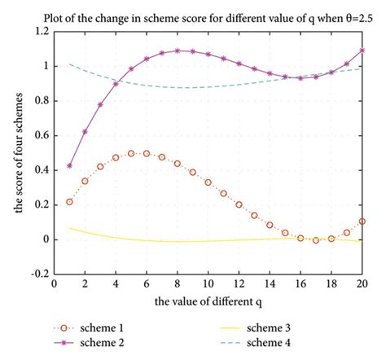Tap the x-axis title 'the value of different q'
(x=208, y=302)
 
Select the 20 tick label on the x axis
(x=362, y=285)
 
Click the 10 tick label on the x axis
(x=208, y=285)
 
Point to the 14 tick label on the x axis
(x=270, y=285)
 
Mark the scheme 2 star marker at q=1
(x=69, y=165)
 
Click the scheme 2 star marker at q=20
(x=362, y=50)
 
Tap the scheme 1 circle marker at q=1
(x=69, y=201)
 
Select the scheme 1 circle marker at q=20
(x=362, y=221)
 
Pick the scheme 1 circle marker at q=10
(x=208, y=182)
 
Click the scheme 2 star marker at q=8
(x=177, y=50)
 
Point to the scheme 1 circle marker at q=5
(x=131, y=153)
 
